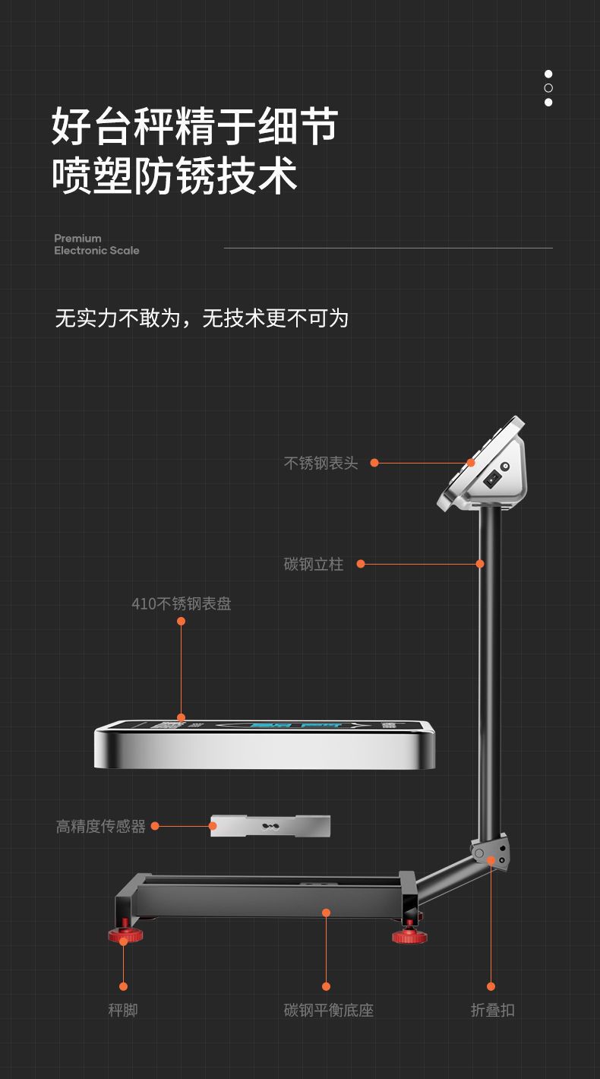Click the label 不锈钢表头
(x=321, y=463)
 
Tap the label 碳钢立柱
(x=314, y=564)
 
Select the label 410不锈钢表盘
(x=182, y=604)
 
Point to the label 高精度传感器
(x=101, y=826)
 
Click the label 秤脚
(x=123, y=1010)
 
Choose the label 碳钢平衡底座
(x=329, y=1010)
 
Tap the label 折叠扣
(x=492, y=1010)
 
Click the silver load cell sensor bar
(x=270, y=826)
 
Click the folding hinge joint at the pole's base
(x=489, y=853)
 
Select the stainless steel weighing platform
(x=265, y=745)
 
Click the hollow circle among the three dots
(x=548, y=88)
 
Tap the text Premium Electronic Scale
(x=96, y=244)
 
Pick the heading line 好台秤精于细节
(x=194, y=126)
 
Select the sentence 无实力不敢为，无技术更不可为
(x=201, y=318)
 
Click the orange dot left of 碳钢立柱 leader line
(x=361, y=564)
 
